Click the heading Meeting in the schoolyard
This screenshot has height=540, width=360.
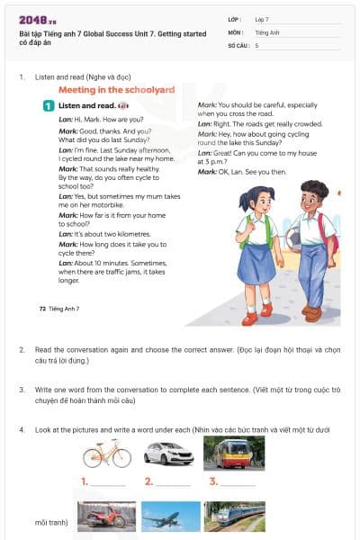(x=116, y=90)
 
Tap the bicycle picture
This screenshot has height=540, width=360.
(x=106, y=453)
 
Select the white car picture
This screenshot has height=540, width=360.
(x=168, y=453)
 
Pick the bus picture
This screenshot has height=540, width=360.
(x=233, y=453)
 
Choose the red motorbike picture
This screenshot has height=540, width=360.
(x=106, y=517)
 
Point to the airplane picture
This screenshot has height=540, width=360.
(x=171, y=517)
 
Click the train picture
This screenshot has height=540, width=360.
(x=234, y=517)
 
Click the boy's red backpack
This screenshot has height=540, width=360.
(x=326, y=233)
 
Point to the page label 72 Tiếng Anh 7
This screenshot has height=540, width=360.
(x=59, y=309)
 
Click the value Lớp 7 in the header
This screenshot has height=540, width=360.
(x=262, y=19)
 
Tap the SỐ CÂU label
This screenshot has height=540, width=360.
(x=238, y=44)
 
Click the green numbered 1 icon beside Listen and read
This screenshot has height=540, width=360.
(x=49, y=106)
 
